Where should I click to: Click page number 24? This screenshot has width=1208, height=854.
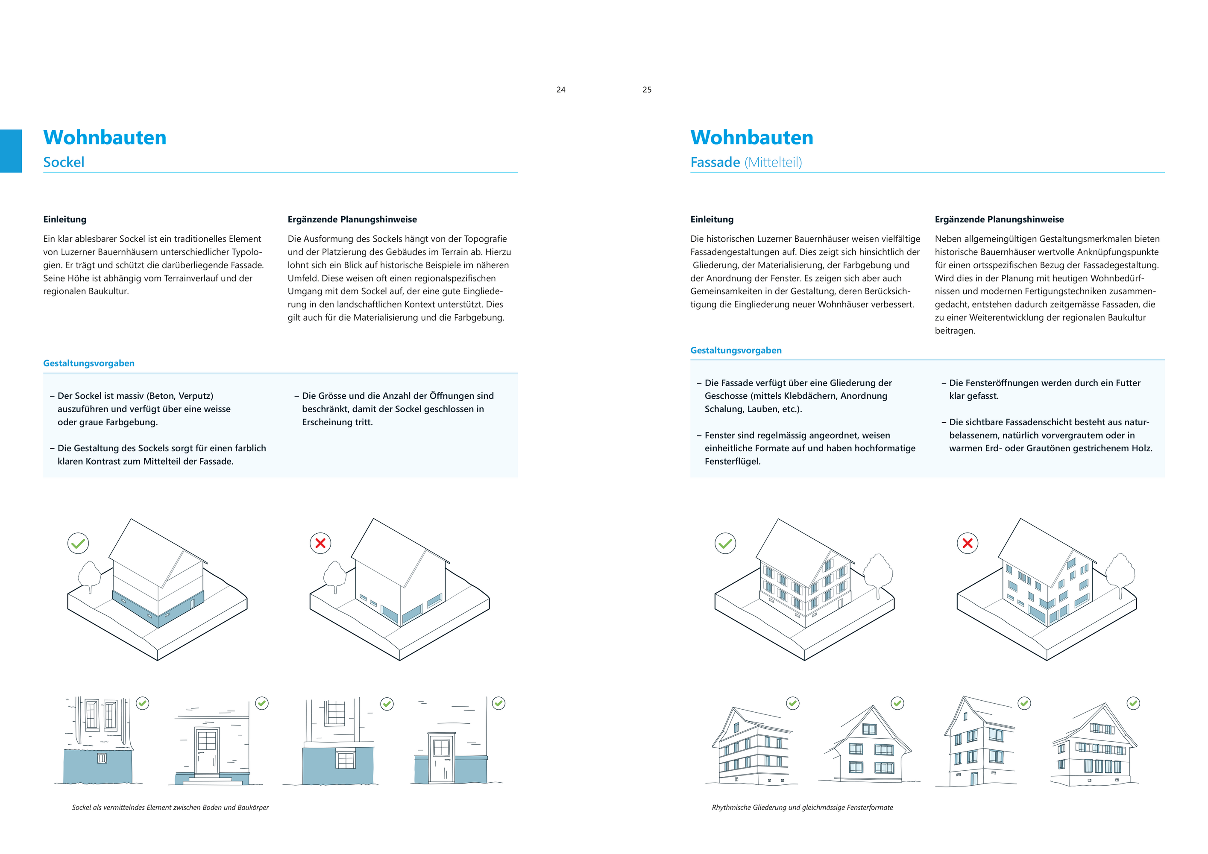(561, 90)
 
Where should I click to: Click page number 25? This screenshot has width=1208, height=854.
(647, 90)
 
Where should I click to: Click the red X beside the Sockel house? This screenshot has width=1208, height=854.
(320, 543)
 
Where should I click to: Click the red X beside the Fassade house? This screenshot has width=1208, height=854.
(967, 543)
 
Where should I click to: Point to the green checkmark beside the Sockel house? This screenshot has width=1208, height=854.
(78, 543)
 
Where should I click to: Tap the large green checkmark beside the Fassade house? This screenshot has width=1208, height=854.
(725, 543)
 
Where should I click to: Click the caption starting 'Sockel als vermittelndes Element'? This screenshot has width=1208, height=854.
(170, 807)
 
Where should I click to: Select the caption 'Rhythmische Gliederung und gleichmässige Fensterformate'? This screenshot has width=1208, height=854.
(802, 807)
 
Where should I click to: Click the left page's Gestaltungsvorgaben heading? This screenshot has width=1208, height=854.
(89, 363)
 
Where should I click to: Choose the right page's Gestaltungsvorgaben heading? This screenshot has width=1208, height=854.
(736, 350)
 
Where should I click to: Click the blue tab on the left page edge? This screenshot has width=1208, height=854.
(11, 151)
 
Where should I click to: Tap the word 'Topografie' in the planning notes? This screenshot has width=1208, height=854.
(485, 239)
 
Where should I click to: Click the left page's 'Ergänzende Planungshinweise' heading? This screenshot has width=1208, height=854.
(352, 219)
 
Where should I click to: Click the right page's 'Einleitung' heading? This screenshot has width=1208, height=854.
(711, 219)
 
